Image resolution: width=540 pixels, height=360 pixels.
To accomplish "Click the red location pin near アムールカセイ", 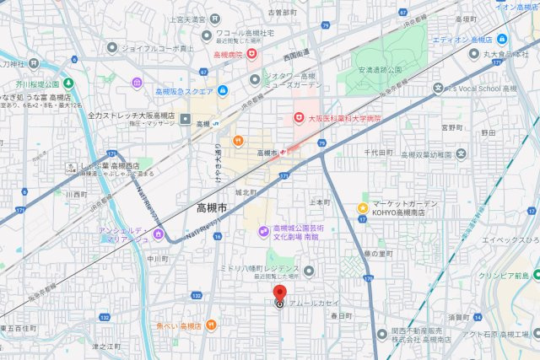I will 279,294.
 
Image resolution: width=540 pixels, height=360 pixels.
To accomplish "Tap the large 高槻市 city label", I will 217,208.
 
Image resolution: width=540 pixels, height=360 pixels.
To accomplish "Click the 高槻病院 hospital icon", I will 251,54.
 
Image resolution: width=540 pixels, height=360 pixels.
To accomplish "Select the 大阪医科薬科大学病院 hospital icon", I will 299,118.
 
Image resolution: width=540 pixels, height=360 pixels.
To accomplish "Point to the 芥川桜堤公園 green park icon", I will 67,84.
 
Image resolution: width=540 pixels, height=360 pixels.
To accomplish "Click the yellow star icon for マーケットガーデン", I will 363,207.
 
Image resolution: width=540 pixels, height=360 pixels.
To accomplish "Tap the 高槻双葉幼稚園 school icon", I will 459,155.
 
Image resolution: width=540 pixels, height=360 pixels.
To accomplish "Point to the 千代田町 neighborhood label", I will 379,153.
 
